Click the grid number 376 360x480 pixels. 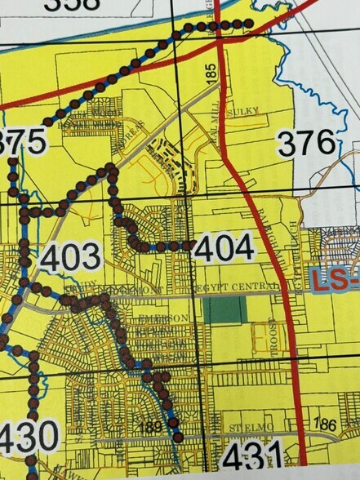tap(307, 144)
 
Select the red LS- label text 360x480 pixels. tap(335, 282)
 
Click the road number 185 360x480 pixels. tap(211, 73)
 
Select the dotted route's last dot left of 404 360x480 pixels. tap(189, 245)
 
